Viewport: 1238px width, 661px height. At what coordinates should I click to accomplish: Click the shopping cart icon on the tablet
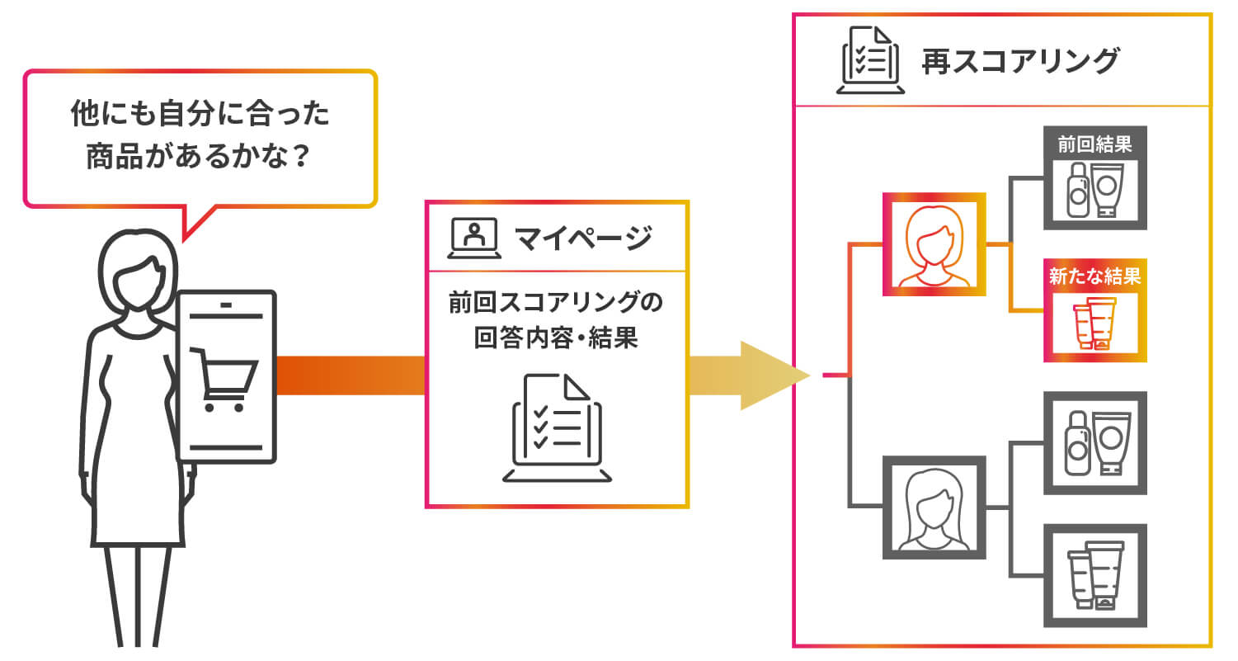(224, 380)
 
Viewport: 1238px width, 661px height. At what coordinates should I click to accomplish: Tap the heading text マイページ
(584, 238)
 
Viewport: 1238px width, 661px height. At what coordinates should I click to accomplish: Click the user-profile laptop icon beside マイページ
(474, 238)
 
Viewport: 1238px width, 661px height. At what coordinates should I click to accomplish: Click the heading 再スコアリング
(1020, 61)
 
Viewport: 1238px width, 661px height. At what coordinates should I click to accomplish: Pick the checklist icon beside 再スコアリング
(870, 59)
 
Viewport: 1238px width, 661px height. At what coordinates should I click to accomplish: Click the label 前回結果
(1094, 145)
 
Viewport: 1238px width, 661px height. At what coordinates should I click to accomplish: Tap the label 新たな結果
(1094, 276)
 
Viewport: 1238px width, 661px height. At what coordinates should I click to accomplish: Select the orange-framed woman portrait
(934, 244)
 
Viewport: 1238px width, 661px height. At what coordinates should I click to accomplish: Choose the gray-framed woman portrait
(934, 508)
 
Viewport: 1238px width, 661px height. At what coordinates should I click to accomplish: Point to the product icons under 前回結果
(1094, 190)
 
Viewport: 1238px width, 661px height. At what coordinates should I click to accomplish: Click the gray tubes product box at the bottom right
(1094, 576)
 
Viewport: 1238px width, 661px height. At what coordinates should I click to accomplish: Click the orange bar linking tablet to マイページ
(351, 375)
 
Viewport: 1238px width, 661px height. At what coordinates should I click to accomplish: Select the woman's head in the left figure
(139, 271)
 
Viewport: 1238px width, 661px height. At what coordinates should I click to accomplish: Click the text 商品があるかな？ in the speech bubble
(200, 157)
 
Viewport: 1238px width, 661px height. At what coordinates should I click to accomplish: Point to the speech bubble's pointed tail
(184, 241)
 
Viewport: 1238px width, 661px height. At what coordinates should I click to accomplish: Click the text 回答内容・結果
(556, 338)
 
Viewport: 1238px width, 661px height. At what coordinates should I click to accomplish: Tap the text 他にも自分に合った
(200, 113)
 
